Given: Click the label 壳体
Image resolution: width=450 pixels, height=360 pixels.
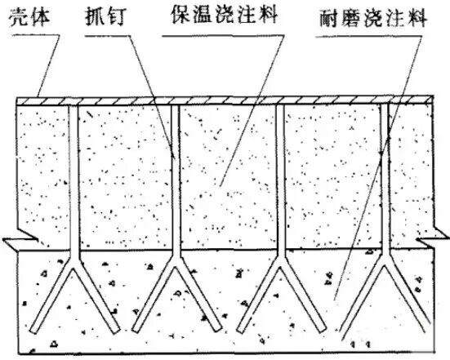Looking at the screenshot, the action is point(29,18).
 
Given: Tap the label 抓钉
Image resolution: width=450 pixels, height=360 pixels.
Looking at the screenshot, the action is point(105,16).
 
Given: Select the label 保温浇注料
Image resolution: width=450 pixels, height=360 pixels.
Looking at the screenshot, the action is point(224,14).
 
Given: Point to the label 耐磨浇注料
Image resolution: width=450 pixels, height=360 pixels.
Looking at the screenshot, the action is point(374,18).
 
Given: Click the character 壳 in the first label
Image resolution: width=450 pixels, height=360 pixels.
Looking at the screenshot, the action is point(18,18).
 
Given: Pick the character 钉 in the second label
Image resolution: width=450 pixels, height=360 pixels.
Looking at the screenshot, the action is point(115,16).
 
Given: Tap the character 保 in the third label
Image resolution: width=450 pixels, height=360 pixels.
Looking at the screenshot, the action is point(180,14).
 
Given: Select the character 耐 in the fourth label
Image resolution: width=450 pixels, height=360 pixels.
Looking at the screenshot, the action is point(330,19).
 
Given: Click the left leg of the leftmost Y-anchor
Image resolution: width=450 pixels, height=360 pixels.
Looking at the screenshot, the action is point(51,296).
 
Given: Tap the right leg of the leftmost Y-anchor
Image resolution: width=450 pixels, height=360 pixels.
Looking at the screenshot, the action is point(97,296).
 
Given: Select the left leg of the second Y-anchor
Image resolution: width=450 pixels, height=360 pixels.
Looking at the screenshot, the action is point(154,296).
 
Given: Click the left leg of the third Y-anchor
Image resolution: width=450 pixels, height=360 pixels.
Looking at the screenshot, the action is point(258,296).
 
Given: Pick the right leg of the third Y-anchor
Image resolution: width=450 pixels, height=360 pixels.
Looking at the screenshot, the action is point(304,296).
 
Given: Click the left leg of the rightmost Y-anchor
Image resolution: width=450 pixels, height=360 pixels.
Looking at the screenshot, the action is point(362,296).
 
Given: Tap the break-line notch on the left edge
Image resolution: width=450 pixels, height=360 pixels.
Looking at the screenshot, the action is point(20,240).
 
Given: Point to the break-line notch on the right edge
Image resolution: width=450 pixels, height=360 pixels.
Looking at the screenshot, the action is point(433,238).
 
